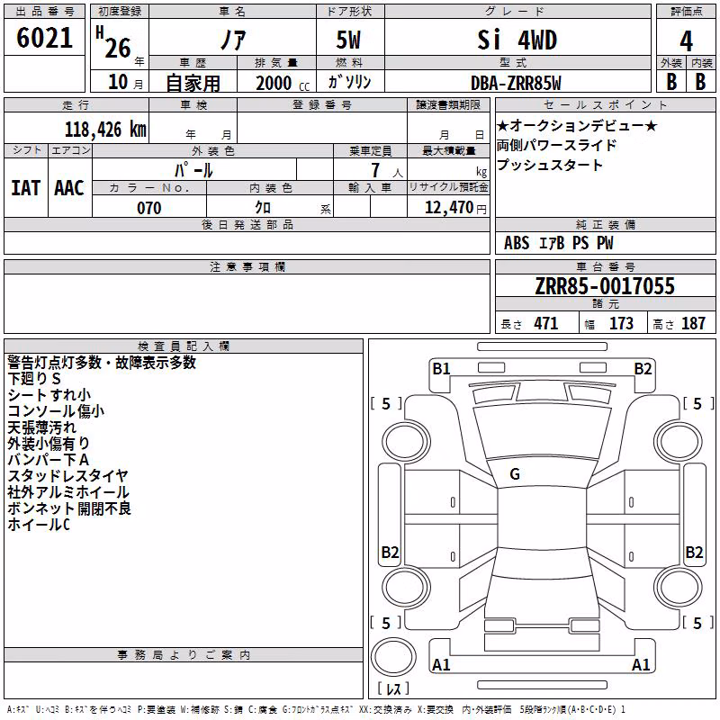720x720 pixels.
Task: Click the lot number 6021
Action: point(44,38)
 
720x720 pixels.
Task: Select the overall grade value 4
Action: point(686,41)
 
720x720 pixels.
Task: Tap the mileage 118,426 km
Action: point(105,129)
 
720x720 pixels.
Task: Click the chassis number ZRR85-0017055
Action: point(605,286)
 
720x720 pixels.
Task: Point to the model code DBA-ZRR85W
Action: point(516,83)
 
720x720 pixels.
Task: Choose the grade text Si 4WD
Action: point(517,40)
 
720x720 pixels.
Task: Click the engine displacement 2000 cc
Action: point(283,83)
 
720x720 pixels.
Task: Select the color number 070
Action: point(149,208)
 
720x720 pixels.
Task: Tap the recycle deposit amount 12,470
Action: point(448,208)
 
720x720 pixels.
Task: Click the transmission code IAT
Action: point(25,188)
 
